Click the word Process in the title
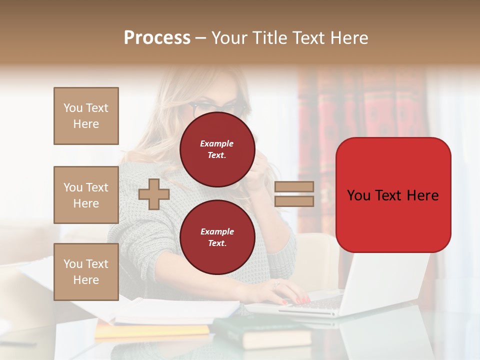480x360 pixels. (x=157, y=38)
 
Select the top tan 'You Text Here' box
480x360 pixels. (x=86, y=116)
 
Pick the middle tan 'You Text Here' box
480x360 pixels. (x=86, y=195)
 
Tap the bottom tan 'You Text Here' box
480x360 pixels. (x=86, y=272)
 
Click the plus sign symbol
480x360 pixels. (x=154, y=194)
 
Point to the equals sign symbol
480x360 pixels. (x=294, y=194)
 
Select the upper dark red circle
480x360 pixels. (x=217, y=149)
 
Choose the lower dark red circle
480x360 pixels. (x=217, y=237)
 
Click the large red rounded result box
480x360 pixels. (x=393, y=195)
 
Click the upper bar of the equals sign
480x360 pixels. (x=294, y=186)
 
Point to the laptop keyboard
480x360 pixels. (x=320, y=303)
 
